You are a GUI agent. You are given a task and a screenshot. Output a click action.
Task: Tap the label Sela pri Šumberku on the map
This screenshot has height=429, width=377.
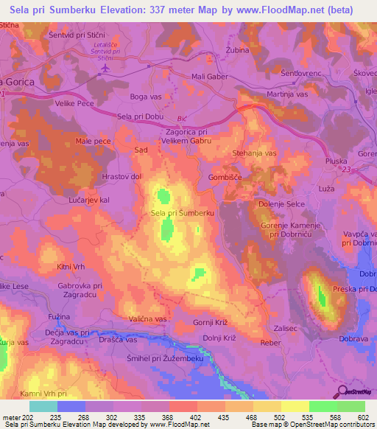click(182, 213)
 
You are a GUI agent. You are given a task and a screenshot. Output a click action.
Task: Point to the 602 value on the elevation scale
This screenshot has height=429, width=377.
click(363, 418)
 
